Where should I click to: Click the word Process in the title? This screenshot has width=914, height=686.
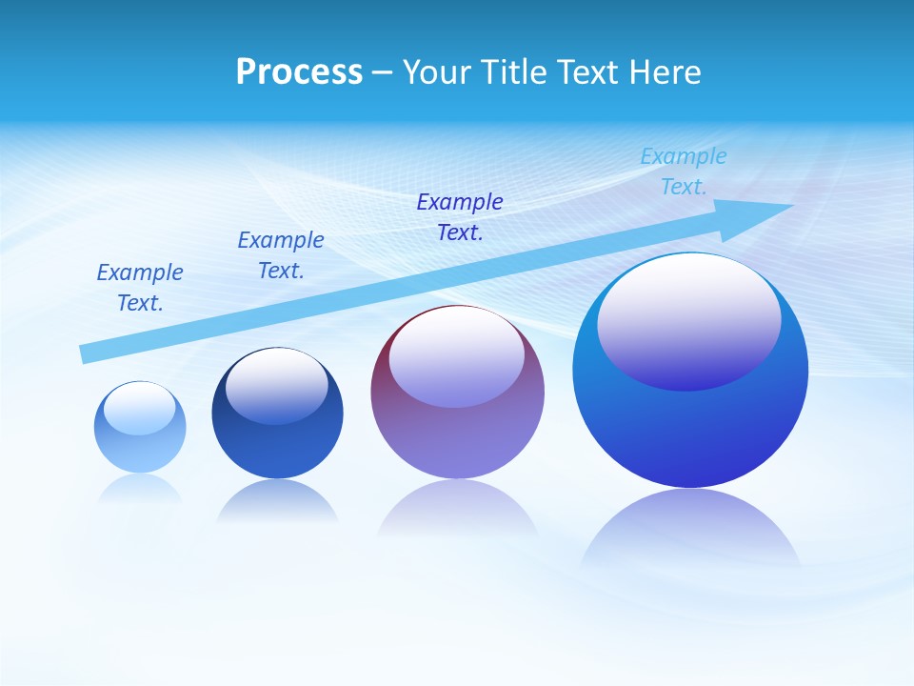299,72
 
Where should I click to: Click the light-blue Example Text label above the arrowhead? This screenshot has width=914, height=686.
684,171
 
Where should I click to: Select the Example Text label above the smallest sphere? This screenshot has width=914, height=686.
140,288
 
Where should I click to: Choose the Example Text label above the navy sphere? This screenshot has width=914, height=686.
281,255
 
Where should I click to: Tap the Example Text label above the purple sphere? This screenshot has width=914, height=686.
460,217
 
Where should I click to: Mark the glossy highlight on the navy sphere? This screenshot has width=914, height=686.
277,387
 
